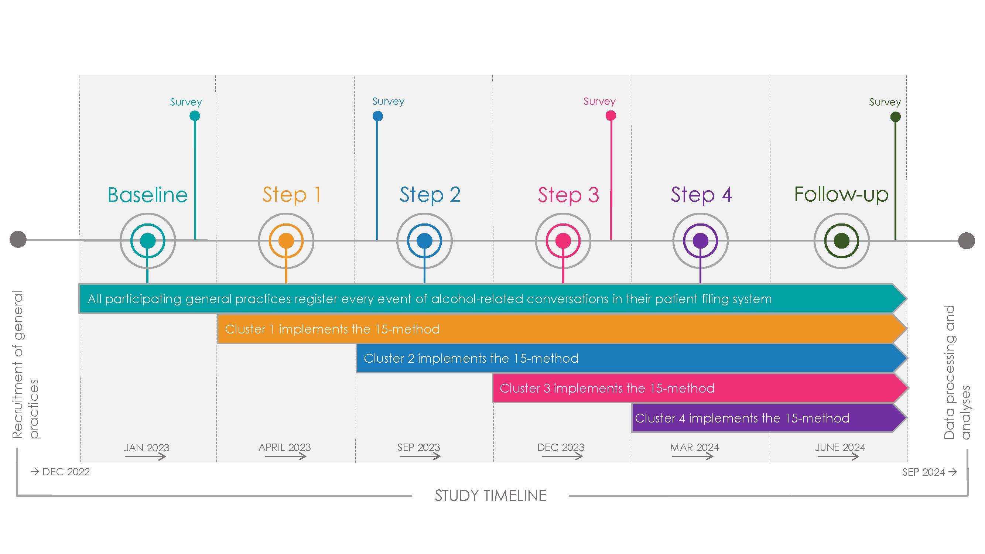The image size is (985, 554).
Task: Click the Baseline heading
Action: point(148,195)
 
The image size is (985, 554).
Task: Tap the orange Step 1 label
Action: point(291,195)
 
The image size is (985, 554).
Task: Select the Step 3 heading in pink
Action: point(568,195)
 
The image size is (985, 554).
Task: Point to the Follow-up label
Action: point(841,195)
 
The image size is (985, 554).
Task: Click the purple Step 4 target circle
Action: point(701,241)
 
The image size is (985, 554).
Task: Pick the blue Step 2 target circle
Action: point(424,241)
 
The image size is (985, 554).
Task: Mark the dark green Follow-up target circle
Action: point(842,241)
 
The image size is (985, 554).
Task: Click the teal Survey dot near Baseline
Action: point(195,116)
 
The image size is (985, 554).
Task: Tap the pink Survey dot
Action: point(611,116)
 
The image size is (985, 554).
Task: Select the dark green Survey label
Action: point(885,102)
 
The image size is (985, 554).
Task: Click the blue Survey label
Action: point(388,101)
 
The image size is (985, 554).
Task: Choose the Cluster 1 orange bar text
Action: point(332,329)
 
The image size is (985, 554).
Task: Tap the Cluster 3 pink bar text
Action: point(607,389)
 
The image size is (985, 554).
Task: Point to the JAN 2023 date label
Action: point(147,447)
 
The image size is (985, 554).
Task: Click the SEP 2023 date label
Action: point(419,447)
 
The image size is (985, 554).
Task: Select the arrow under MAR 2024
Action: point(692,456)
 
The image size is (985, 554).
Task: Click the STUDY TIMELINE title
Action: point(490,496)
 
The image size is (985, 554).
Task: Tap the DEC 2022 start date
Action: point(66,472)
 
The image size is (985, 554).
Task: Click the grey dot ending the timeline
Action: point(966,241)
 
